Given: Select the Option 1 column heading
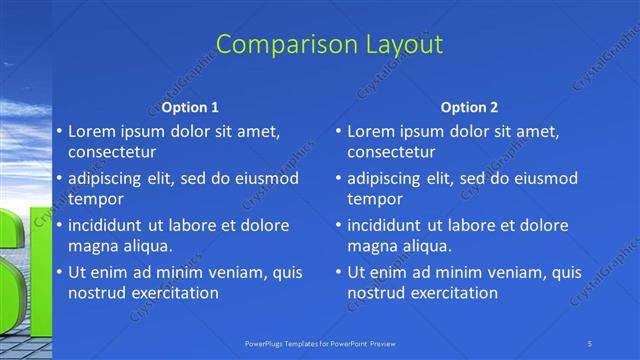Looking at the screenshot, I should pos(190,107).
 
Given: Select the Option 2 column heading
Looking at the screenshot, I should pos(469,107).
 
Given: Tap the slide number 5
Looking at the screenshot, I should pos(591,343).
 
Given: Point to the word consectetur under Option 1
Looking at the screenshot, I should pos(112,152).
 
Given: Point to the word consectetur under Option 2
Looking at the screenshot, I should pos(391,152).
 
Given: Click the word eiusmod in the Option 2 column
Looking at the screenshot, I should pos(546,178).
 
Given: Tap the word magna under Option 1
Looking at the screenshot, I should pos(91,245).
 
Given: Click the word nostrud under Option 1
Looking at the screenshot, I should pos(97,292).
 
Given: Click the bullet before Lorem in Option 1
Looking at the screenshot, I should pos(58,132).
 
